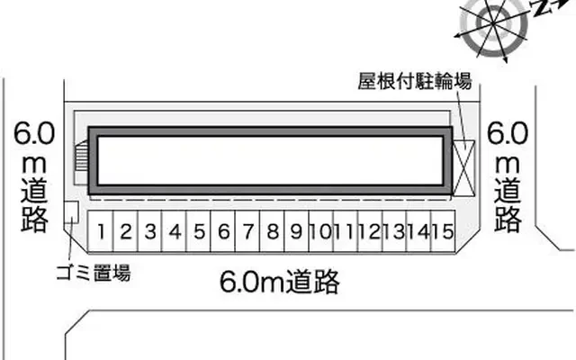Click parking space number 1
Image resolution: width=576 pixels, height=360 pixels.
(x=103, y=232)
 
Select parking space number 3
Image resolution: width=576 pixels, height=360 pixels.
(x=151, y=232)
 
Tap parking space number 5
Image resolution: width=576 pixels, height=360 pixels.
(x=200, y=232)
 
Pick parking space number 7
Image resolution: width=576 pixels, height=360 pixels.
(x=247, y=232)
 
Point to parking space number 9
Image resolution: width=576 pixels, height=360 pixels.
(x=295, y=232)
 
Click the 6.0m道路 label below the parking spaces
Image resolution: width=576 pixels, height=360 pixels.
(x=280, y=283)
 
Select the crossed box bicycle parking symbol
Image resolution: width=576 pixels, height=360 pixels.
(x=463, y=166)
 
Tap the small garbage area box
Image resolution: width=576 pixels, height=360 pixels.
(x=72, y=212)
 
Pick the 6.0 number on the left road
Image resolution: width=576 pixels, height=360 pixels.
(x=35, y=135)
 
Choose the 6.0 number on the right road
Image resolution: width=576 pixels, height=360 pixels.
(x=508, y=135)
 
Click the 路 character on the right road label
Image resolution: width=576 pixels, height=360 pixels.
(x=508, y=218)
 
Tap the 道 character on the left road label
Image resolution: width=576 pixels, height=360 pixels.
(x=35, y=190)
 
